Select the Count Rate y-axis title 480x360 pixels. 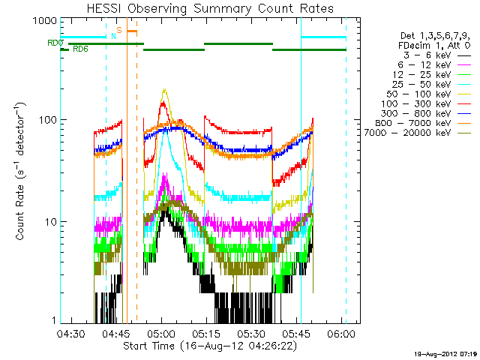[22, 170]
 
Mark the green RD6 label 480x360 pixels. [79, 49]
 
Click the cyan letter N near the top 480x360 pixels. [113, 36]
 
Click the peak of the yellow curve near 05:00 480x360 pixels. [164, 90]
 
